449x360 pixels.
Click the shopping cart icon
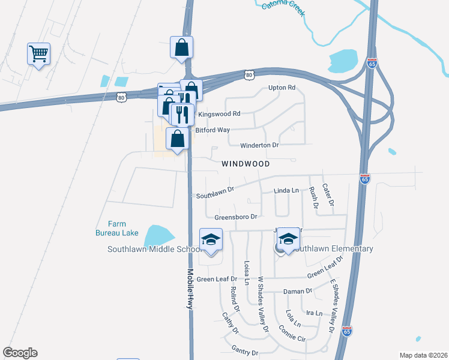click(x=38, y=55)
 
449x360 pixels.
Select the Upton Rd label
click(x=282, y=88)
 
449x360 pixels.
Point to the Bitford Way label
click(x=212, y=130)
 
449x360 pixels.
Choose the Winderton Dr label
click(x=259, y=145)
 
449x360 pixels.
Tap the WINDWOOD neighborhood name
click(x=246, y=163)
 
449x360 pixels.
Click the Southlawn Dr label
click(x=214, y=196)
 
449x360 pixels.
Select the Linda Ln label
click(x=286, y=190)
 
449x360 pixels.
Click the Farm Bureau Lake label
click(x=116, y=228)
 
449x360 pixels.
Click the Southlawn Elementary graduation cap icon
click(x=288, y=240)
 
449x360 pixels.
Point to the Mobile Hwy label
click(x=190, y=288)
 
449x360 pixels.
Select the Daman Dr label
click(x=298, y=291)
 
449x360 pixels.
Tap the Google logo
click(x=20, y=353)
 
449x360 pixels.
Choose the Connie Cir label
click(x=292, y=334)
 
